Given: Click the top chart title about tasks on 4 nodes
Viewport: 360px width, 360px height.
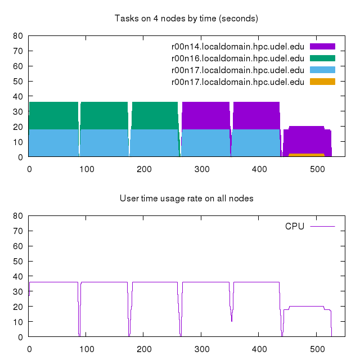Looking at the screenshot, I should [186, 19].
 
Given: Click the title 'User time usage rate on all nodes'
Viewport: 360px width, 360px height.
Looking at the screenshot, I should [186, 199].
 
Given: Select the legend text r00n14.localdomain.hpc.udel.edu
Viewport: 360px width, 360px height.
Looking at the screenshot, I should [237, 46].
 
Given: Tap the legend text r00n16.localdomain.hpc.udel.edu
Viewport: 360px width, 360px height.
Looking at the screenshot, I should [237, 58].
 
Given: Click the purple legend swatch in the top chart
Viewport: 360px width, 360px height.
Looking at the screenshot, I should [322, 46].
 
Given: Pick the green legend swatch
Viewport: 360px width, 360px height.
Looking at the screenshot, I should [322, 58].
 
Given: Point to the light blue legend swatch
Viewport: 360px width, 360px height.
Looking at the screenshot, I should [322, 70].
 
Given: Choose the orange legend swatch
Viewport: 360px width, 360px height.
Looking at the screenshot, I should [322, 82].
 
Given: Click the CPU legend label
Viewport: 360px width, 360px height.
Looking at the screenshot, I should [294, 226].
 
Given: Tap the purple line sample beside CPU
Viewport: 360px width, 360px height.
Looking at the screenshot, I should [322, 226].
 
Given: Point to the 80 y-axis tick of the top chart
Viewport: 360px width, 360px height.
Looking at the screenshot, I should [18, 36].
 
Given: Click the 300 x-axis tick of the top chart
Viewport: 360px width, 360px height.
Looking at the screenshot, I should [201, 168].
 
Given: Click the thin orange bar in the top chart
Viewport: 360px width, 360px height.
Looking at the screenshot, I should [306, 155].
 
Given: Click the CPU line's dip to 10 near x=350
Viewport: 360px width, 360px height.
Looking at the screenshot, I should [231, 321].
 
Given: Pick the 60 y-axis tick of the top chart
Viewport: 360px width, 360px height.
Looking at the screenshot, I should [18, 66].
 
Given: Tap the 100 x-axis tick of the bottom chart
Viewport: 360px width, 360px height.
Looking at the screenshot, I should [87, 348].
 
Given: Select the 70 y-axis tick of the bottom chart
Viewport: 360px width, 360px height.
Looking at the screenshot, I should [18, 231].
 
